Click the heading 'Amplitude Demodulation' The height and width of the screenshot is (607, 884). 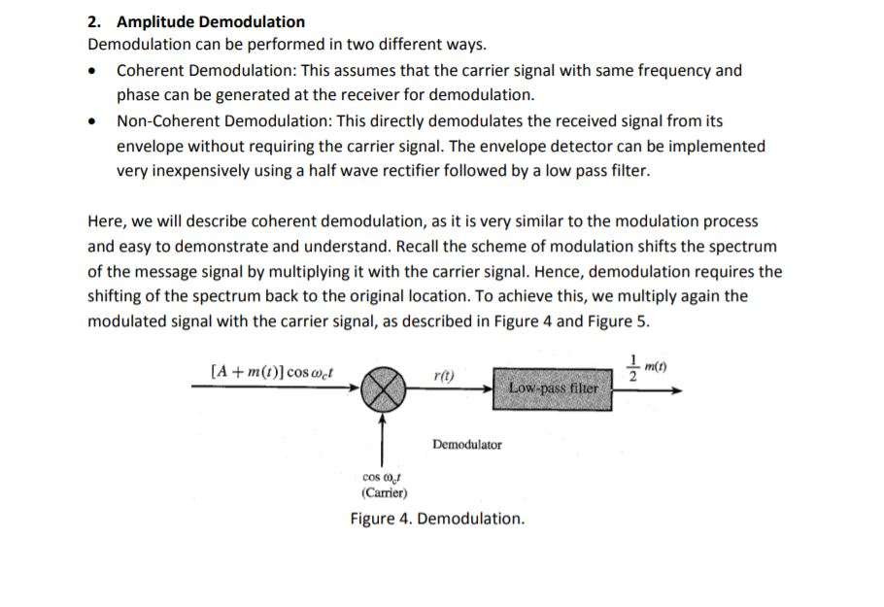click(x=211, y=21)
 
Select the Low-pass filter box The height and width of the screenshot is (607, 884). click(x=553, y=388)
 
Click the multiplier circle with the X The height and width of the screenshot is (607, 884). click(x=383, y=388)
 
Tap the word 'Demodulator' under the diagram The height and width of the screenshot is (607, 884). click(x=466, y=445)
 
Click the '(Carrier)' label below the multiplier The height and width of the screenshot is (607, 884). click(x=383, y=491)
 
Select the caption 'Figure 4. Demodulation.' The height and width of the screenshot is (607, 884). click(x=437, y=519)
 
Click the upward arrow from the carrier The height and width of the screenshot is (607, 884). click(x=383, y=437)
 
